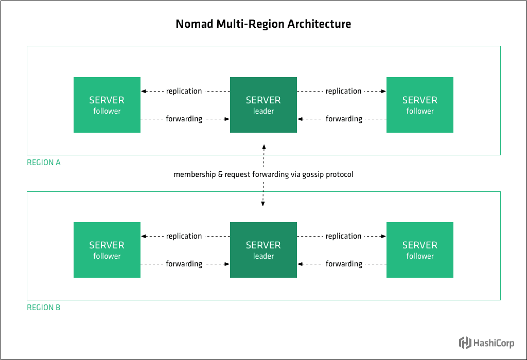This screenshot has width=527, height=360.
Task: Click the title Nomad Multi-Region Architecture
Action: (263, 24)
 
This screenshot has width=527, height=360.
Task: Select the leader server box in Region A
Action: (263, 105)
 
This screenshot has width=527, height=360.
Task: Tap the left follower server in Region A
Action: (107, 105)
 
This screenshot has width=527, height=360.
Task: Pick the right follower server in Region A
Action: (420, 105)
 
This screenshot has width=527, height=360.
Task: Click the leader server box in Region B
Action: (263, 250)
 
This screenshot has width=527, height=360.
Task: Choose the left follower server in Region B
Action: (107, 250)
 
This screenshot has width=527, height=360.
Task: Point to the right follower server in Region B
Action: (420, 250)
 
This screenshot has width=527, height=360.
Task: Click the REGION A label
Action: (44, 163)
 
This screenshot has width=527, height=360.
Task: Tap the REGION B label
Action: (44, 308)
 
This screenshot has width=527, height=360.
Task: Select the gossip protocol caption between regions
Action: (263, 174)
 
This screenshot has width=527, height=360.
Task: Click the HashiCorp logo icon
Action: (465, 343)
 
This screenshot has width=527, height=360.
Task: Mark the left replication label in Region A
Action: (184, 91)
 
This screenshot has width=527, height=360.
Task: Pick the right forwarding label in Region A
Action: (344, 119)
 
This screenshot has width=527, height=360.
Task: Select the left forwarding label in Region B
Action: (184, 264)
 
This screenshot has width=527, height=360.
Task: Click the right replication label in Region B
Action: (344, 236)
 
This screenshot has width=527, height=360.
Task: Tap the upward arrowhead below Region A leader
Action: (263, 148)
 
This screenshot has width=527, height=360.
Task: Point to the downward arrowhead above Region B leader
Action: (263, 204)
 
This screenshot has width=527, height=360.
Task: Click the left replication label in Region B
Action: (184, 236)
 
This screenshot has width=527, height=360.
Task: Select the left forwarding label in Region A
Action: (184, 119)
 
